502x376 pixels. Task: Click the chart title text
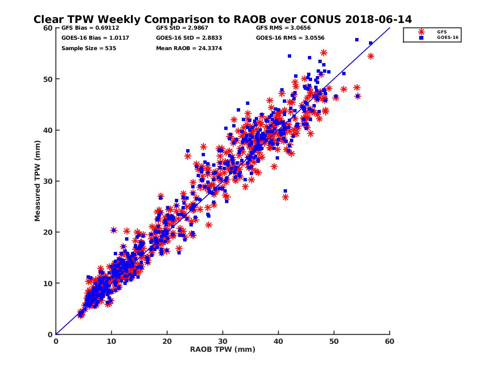point(223,19)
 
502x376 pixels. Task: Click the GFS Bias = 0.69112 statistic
point(87,28)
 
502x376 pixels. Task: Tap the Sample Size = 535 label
point(89,48)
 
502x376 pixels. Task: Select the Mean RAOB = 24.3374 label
point(189,48)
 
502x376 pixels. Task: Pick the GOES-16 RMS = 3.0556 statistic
point(290,38)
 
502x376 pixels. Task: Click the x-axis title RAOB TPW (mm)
point(223,349)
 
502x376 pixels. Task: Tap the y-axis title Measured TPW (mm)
point(38,180)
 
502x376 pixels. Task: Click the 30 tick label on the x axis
point(223,341)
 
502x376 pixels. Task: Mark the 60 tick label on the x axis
point(389,341)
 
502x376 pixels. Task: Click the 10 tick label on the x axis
point(111,341)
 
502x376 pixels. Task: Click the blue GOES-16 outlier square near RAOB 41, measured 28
point(285,191)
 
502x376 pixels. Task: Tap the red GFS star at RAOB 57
point(371,56)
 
